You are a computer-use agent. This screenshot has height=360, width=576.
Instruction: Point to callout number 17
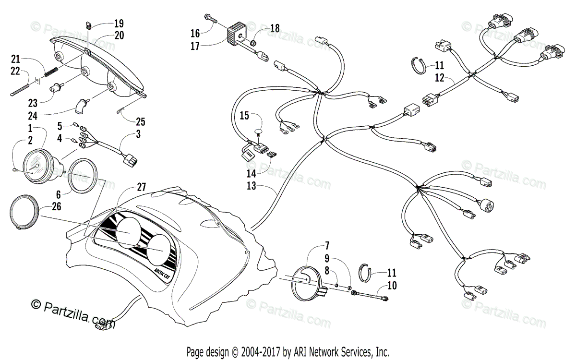(195, 47)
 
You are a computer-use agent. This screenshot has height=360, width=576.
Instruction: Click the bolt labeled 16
(211, 20)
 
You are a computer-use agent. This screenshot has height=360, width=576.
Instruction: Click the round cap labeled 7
(308, 280)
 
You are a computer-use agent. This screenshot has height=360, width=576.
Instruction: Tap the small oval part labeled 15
(259, 131)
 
